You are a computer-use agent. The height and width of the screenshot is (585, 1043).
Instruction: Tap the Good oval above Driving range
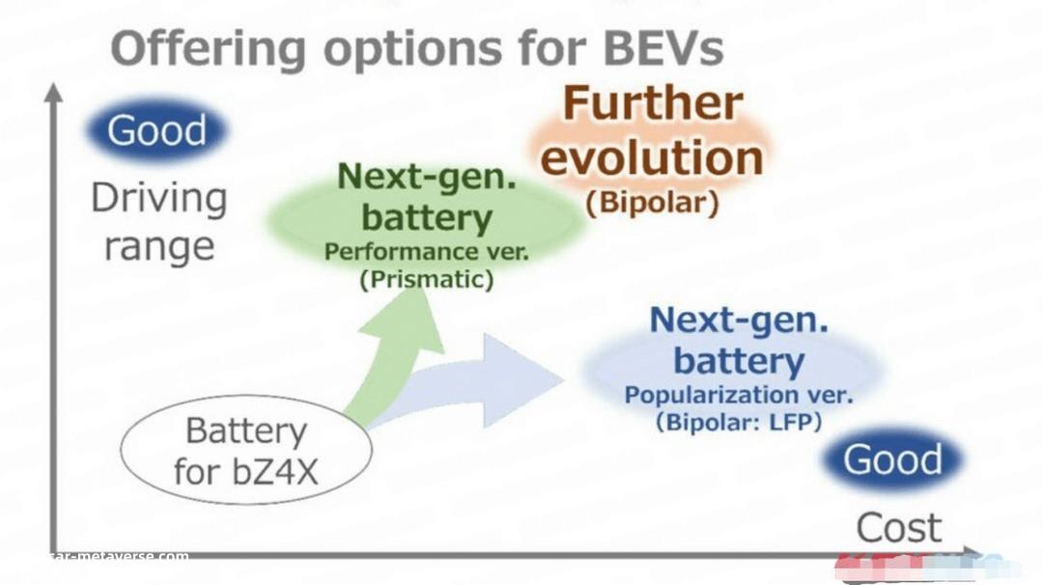[157, 130]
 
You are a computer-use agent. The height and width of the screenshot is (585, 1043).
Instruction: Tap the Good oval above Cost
[892, 460]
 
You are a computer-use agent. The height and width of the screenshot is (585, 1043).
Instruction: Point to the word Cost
[899, 528]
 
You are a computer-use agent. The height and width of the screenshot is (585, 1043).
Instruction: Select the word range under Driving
[159, 247]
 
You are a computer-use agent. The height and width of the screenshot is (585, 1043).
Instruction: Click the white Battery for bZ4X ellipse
[246, 450]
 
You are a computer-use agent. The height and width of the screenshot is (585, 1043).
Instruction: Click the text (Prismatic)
[427, 279]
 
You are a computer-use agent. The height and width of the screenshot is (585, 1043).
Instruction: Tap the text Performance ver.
[427, 252]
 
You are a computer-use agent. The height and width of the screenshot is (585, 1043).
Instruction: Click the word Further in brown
[653, 103]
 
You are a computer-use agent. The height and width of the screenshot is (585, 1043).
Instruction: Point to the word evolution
[653, 157]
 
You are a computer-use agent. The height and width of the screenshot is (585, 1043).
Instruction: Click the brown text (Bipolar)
[653, 203]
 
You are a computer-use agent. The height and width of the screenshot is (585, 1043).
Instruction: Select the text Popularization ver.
[739, 395]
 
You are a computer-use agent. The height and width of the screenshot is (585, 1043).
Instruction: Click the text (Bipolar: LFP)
[739, 422]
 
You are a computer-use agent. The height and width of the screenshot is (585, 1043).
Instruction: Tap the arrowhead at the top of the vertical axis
[54, 93]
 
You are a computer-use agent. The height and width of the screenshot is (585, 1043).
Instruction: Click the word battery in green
[427, 217]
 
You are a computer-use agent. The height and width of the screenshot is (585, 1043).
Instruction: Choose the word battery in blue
[739, 361]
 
